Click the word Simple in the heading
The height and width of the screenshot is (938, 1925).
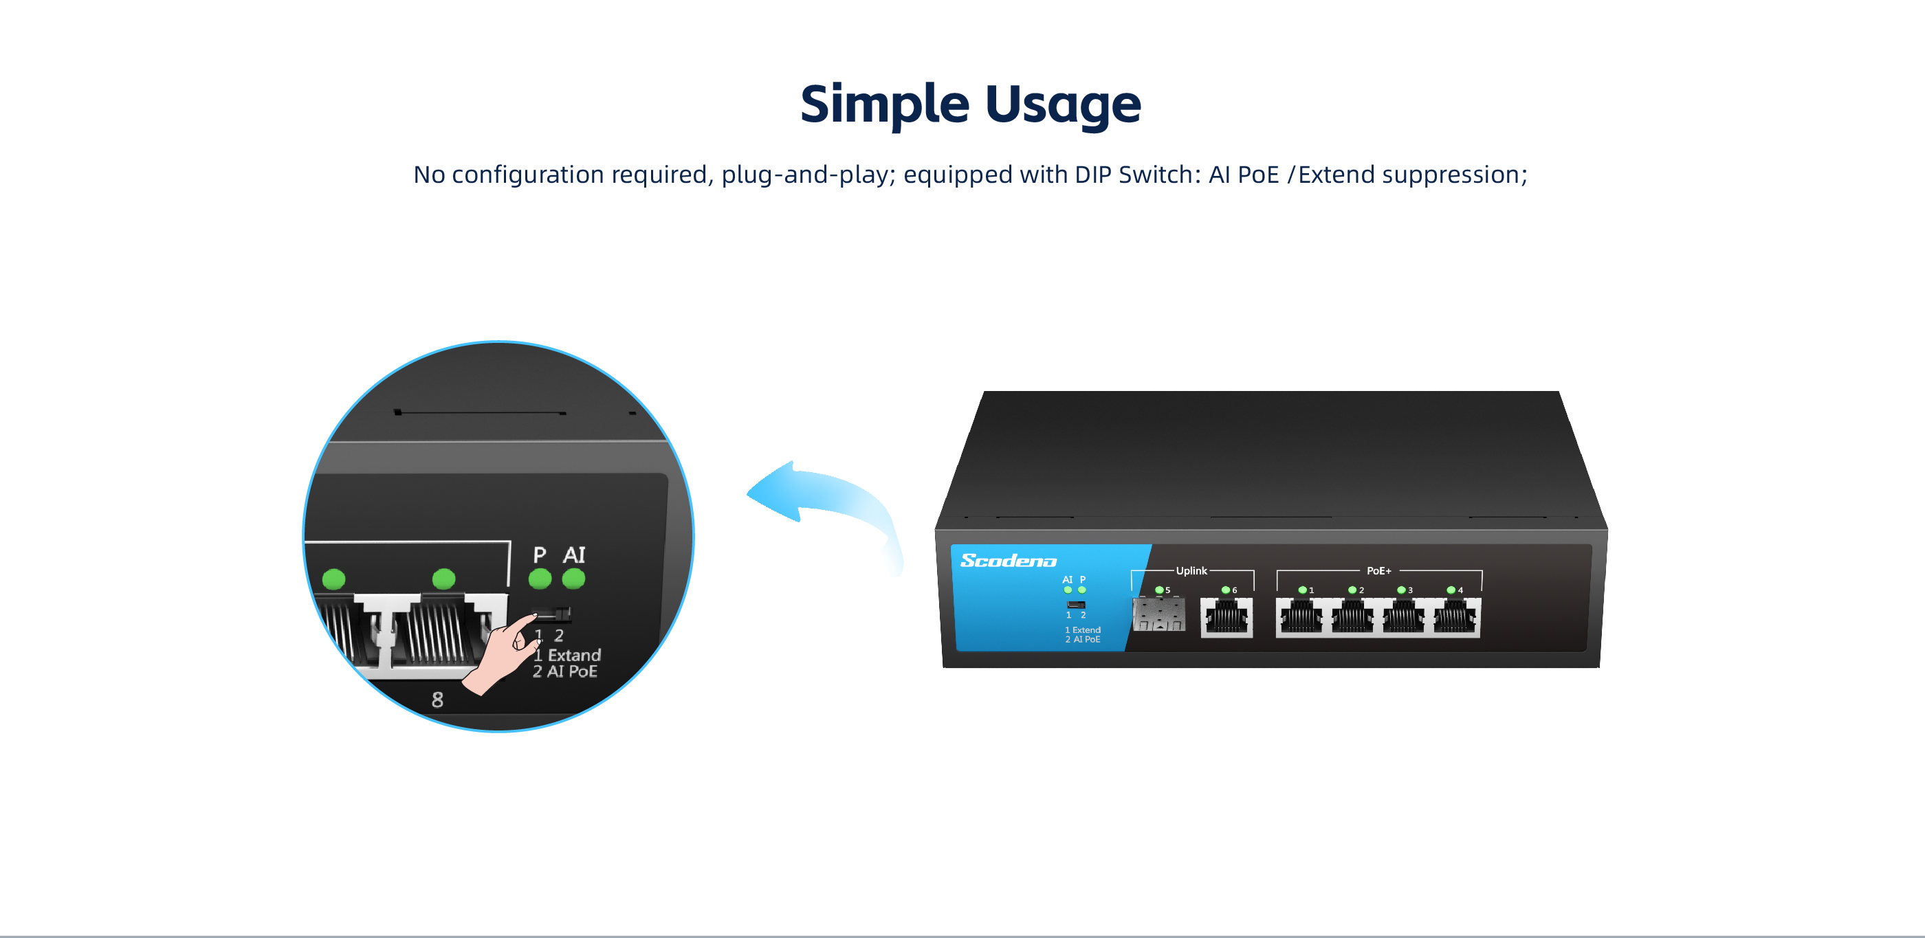[x=884, y=104]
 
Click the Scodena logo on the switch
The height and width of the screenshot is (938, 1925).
[x=1008, y=560]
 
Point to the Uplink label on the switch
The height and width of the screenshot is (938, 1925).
[x=1191, y=570]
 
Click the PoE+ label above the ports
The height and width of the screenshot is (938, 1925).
[x=1378, y=570]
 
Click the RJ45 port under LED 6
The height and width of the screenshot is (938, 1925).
[x=1226, y=618]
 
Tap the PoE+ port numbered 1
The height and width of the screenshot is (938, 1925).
[x=1301, y=618]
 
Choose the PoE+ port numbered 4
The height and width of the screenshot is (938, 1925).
[x=1455, y=618]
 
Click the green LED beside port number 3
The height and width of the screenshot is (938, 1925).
[x=1401, y=590]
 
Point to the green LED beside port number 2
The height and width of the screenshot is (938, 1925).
[x=1352, y=590]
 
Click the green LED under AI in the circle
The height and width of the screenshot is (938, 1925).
[x=573, y=579]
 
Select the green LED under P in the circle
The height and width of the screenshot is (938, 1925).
[x=540, y=579]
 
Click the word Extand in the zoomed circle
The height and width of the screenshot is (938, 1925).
[x=574, y=655]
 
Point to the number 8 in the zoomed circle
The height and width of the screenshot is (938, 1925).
[x=437, y=700]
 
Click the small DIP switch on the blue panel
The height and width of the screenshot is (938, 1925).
[x=1076, y=604]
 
